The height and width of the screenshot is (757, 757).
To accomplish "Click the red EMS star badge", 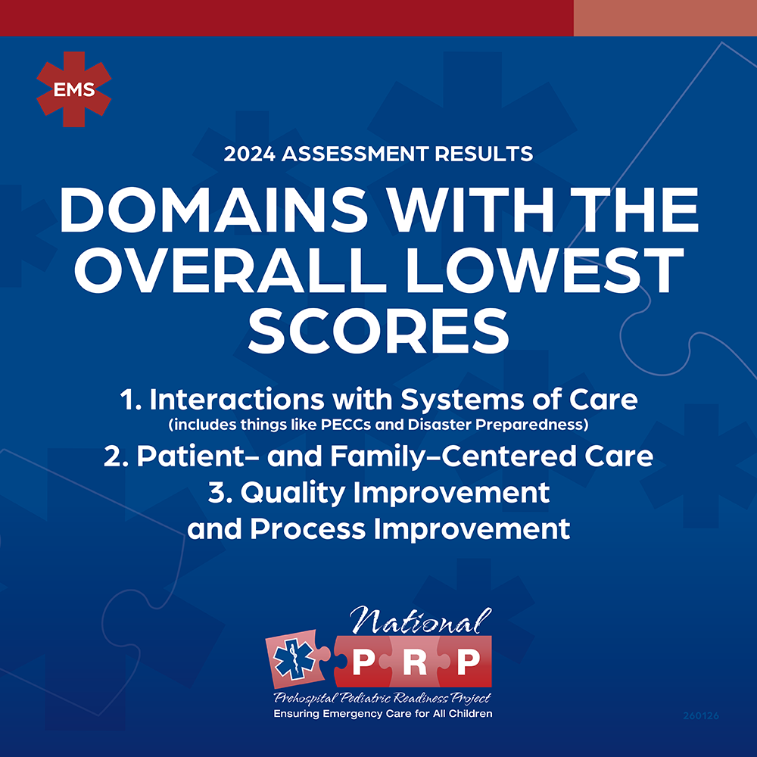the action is pyautogui.click(x=74, y=89).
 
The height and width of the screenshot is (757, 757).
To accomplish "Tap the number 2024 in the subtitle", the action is pyautogui.click(x=250, y=154).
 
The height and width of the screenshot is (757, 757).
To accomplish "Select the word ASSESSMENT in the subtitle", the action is pyautogui.click(x=355, y=154).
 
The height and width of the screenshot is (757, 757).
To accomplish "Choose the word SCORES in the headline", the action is pyautogui.click(x=378, y=330).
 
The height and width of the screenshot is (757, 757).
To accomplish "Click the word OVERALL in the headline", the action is pyautogui.click(x=230, y=270).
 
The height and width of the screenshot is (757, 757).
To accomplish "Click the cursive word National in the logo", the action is pyautogui.click(x=421, y=621).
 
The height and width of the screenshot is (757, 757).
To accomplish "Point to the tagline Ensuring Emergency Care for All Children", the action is pyautogui.click(x=383, y=714).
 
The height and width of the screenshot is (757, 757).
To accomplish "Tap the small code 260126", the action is pyautogui.click(x=701, y=715).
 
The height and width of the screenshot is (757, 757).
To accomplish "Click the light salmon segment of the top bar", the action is pyautogui.click(x=665, y=18).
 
